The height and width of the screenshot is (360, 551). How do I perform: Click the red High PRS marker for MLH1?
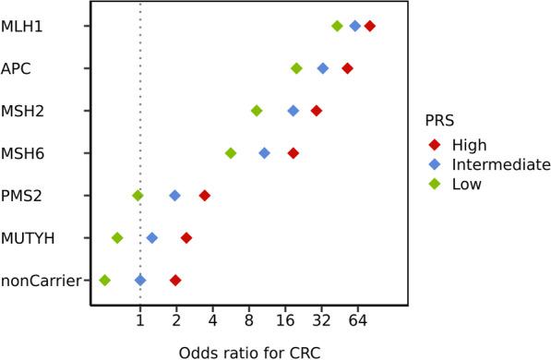click(370, 26)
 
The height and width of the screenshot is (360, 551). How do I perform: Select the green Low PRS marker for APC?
click(296, 68)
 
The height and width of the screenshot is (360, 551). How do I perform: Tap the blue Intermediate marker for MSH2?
click(293, 111)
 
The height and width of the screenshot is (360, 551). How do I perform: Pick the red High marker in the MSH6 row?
click(293, 153)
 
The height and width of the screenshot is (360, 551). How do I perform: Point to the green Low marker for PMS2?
click(138, 196)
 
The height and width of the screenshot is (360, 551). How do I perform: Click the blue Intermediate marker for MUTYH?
click(152, 238)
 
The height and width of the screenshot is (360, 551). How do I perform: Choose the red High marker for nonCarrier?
click(175, 280)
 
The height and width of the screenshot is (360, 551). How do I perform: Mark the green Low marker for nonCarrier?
click(104, 280)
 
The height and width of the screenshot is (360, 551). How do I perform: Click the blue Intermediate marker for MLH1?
click(354, 26)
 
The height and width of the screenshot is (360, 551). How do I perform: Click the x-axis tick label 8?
click(249, 320)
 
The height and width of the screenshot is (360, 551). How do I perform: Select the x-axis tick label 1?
click(139, 320)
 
